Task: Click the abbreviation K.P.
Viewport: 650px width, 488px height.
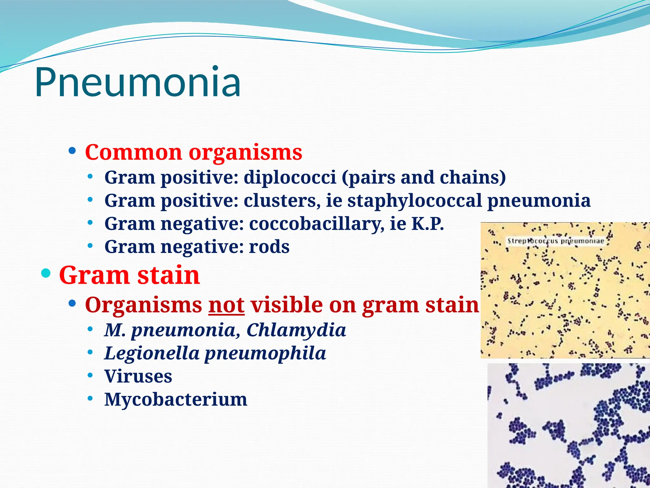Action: (427, 224)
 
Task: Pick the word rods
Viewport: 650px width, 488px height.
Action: (269, 247)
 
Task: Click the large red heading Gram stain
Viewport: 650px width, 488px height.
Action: (129, 275)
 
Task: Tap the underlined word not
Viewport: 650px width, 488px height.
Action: (226, 305)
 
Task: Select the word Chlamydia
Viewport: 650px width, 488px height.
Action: (296, 330)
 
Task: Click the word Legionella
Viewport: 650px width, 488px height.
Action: (152, 353)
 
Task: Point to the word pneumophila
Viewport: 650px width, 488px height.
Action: (265, 353)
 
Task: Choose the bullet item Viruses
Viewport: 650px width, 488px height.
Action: (138, 376)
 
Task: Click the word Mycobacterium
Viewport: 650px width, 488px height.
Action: (176, 399)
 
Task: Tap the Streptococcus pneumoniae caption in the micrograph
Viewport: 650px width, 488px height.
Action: (555, 241)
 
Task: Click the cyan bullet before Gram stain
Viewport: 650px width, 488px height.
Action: (46, 273)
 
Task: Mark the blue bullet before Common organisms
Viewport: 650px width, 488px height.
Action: (72, 150)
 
